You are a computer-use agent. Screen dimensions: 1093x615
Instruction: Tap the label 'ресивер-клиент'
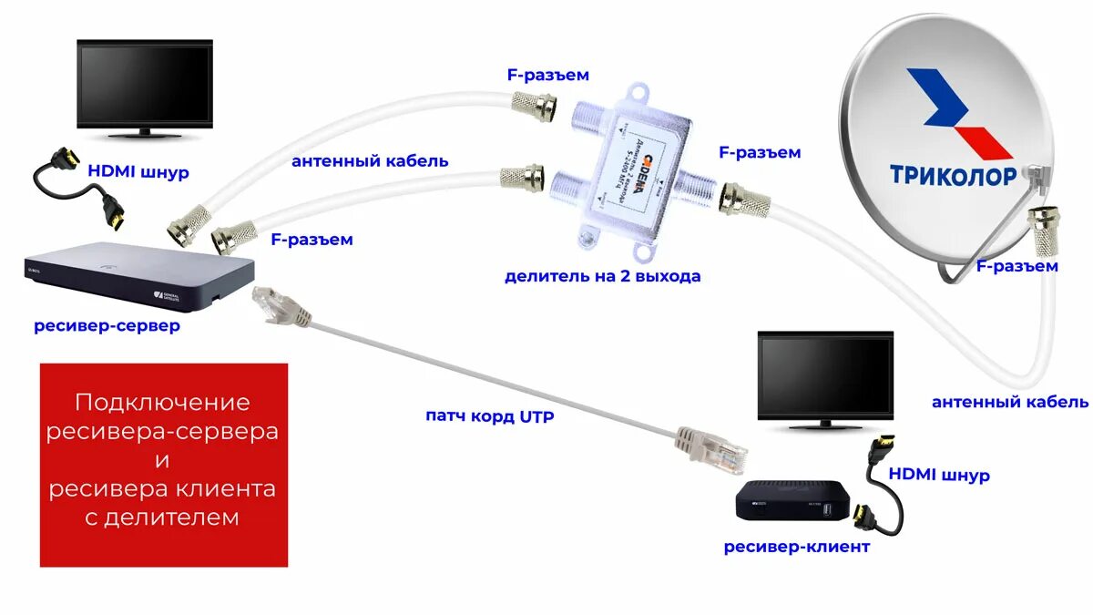796,547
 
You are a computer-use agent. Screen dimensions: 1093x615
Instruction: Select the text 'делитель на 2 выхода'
603,275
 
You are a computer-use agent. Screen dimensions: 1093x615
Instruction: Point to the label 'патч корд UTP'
489,416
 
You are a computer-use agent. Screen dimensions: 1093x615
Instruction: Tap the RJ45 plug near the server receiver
272,304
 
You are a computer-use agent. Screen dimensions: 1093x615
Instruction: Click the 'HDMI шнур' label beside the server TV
138,171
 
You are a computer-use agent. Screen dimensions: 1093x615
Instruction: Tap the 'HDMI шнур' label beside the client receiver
939,476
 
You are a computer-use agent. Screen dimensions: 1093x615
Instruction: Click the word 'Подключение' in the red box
162,402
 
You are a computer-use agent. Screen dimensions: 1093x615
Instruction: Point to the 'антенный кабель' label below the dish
1009,402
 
